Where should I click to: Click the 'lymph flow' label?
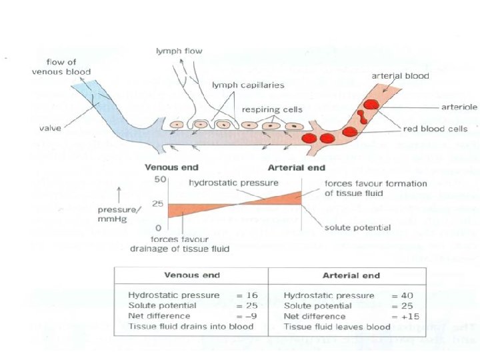[x=178, y=51]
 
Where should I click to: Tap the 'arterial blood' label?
[x=400, y=76]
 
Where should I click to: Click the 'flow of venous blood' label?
[x=61, y=67]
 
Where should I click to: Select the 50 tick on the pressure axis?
[x=160, y=181]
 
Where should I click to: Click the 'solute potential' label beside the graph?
[x=357, y=228]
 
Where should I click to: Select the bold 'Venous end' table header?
[x=191, y=275]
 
